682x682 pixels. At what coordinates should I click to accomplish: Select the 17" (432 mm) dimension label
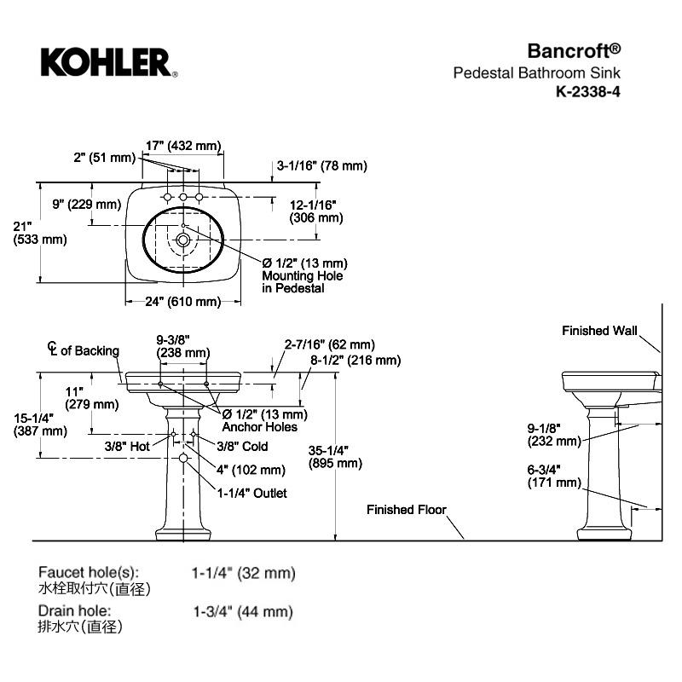183,146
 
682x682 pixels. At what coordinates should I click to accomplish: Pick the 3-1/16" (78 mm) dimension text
321,166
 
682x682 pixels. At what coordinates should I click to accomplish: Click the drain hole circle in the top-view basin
182,240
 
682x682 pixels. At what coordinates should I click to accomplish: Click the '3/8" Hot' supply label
127,446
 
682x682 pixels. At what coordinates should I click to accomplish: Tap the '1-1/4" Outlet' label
251,493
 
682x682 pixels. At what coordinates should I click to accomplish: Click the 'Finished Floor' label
407,510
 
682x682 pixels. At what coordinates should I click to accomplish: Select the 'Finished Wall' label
599,331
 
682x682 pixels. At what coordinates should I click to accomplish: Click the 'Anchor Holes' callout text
260,427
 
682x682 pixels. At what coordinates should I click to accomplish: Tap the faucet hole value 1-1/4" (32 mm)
243,574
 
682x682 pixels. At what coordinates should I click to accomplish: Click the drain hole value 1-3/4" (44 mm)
243,611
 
